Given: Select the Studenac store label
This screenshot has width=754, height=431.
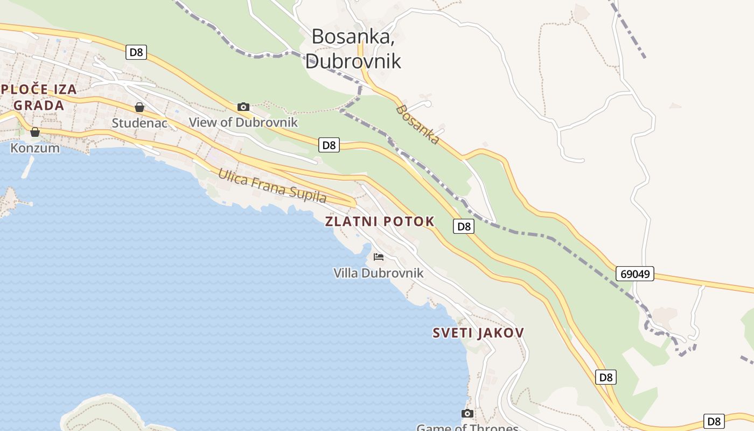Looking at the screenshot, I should [x=139, y=123].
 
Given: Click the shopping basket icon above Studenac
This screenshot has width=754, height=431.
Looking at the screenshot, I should [x=139, y=107].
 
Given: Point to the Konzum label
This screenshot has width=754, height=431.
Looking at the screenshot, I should [x=35, y=148].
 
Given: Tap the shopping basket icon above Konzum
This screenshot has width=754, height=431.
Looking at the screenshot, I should [x=35, y=132].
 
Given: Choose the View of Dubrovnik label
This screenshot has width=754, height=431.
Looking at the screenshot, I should [x=243, y=122].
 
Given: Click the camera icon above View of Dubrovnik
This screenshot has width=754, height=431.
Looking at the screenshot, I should [x=243, y=107].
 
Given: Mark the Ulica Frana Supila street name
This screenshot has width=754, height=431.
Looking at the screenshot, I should [x=272, y=186].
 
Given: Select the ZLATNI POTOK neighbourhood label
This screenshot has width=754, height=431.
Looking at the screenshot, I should [x=380, y=221].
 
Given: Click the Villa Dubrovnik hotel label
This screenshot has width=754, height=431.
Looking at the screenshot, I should [x=379, y=273].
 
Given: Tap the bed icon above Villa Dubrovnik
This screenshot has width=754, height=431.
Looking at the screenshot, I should [x=379, y=257].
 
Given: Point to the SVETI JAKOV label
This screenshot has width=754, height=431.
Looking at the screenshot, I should [x=478, y=333].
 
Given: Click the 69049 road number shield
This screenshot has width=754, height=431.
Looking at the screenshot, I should [x=635, y=274].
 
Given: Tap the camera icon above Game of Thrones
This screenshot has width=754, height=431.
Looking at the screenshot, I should [x=467, y=413].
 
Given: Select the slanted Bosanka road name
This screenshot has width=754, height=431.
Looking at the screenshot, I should [x=417, y=124].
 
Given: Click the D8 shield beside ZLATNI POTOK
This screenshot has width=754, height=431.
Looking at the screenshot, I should [x=464, y=226].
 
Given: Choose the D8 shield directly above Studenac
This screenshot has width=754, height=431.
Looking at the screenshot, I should [x=137, y=52].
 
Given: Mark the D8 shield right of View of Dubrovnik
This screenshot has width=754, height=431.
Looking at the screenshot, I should [x=329, y=144].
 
